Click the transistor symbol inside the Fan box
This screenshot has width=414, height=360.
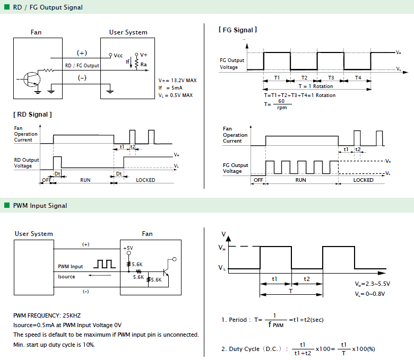(x=32, y=79)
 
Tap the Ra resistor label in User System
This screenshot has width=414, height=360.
(x=144, y=64)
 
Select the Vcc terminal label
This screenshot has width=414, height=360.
(x=118, y=55)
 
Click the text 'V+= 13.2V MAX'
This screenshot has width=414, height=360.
(x=177, y=81)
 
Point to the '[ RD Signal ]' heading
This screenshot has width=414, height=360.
(x=32, y=115)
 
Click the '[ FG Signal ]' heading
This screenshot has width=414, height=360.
(x=238, y=30)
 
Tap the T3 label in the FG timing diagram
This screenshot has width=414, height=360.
(x=331, y=77)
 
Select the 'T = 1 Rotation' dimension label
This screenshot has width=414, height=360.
(x=315, y=86)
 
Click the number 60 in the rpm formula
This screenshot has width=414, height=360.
(x=281, y=101)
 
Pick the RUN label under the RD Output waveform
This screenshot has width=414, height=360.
(x=85, y=180)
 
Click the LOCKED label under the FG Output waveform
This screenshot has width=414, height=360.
(x=363, y=180)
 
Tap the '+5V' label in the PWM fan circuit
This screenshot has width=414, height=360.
(x=128, y=248)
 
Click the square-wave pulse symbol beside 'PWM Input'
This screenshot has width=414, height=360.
(x=105, y=264)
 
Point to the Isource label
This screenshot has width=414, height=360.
(x=66, y=277)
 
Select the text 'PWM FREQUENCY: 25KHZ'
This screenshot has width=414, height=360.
(x=47, y=315)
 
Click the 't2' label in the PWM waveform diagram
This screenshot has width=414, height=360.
(x=307, y=279)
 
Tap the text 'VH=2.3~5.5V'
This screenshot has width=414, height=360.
(x=372, y=284)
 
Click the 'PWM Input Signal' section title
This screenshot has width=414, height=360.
(x=40, y=206)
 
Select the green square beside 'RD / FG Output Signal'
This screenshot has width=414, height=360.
(x=7, y=7)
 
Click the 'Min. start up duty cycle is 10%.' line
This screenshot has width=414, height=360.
(x=54, y=345)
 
